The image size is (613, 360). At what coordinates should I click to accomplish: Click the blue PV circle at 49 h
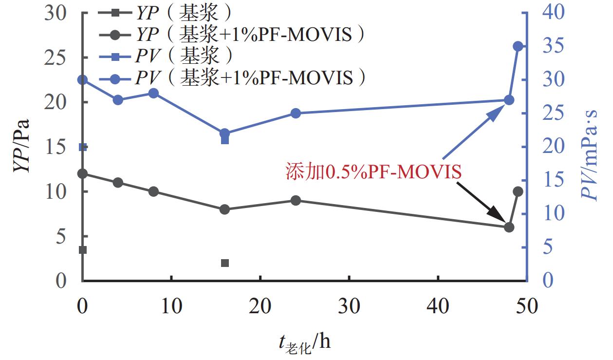(x=518, y=46)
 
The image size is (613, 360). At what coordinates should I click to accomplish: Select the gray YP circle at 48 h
(x=509, y=227)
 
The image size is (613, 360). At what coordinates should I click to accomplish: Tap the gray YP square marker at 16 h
(x=225, y=263)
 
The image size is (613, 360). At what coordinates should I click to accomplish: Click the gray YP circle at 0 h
(x=83, y=174)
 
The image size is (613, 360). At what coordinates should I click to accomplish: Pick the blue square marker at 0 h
(x=83, y=147)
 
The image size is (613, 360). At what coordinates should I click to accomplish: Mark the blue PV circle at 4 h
(x=118, y=100)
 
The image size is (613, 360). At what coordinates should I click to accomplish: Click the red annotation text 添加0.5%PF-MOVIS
(x=373, y=172)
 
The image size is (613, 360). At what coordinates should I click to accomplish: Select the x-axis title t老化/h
(x=305, y=343)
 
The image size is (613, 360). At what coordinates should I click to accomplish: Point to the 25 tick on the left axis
(x=60, y=58)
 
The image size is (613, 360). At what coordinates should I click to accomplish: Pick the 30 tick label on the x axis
(x=349, y=306)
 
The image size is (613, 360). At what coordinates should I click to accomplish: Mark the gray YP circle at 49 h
(x=518, y=191)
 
